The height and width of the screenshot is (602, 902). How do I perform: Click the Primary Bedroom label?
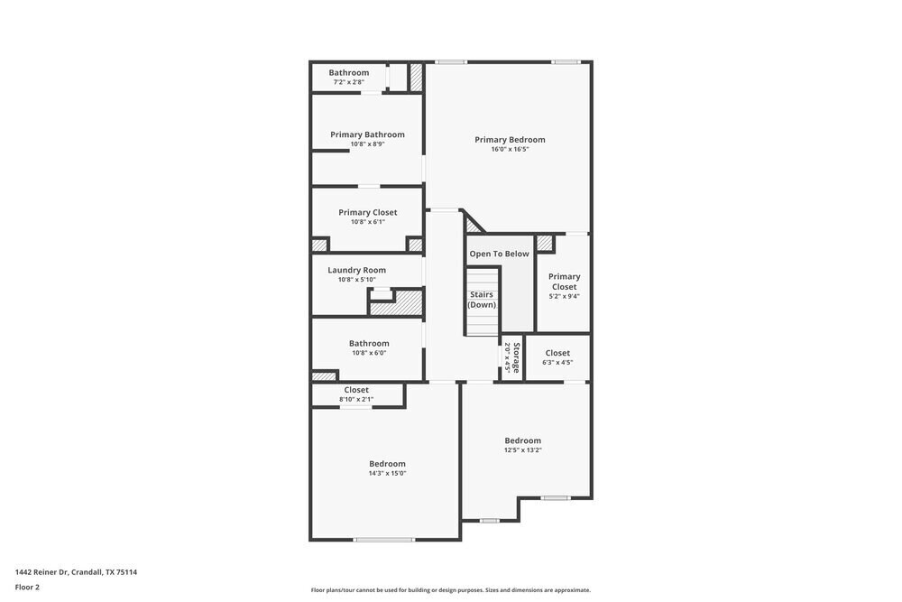[x=510, y=140]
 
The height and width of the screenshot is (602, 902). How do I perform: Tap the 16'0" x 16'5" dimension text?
[x=510, y=150]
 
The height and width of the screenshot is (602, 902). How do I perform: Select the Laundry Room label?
[x=356, y=270]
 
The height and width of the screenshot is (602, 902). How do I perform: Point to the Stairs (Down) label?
[x=482, y=300]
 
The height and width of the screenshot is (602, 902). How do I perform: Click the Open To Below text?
[x=499, y=254]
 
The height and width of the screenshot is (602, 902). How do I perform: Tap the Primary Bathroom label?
[x=367, y=134]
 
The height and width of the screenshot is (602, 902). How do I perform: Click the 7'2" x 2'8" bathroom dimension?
[x=348, y=82]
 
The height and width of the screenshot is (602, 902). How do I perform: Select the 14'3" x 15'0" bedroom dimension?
[x=387, y=473]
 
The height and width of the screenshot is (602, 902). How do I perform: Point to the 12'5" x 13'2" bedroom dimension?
[x=522, y=449]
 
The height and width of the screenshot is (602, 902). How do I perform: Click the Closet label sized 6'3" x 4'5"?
[x=557, y=353]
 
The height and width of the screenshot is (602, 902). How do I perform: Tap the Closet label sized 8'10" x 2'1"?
[x=356, y=390]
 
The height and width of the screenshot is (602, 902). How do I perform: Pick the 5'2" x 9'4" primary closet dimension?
[x=564, y=296]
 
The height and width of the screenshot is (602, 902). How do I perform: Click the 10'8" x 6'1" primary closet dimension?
[x=367, y=222]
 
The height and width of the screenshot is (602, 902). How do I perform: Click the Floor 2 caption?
[x=27, y=587]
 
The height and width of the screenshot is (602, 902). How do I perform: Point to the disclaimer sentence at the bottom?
[x=450, y=590]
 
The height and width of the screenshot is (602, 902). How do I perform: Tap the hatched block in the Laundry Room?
[x=396, y=303]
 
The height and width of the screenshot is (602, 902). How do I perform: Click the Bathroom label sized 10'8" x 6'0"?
[x=369, y=343]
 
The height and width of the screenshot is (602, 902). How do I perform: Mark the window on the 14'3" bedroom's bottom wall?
[x=383, y=540]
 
